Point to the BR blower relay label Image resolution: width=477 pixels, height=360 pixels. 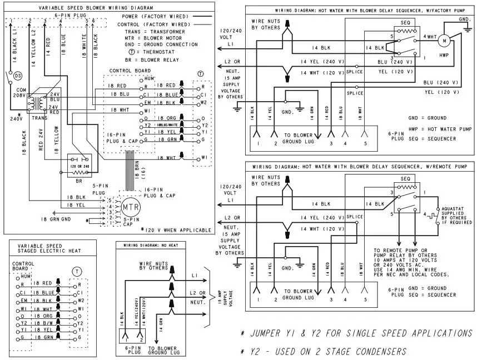pyautogui.click(x=79, y=182)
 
